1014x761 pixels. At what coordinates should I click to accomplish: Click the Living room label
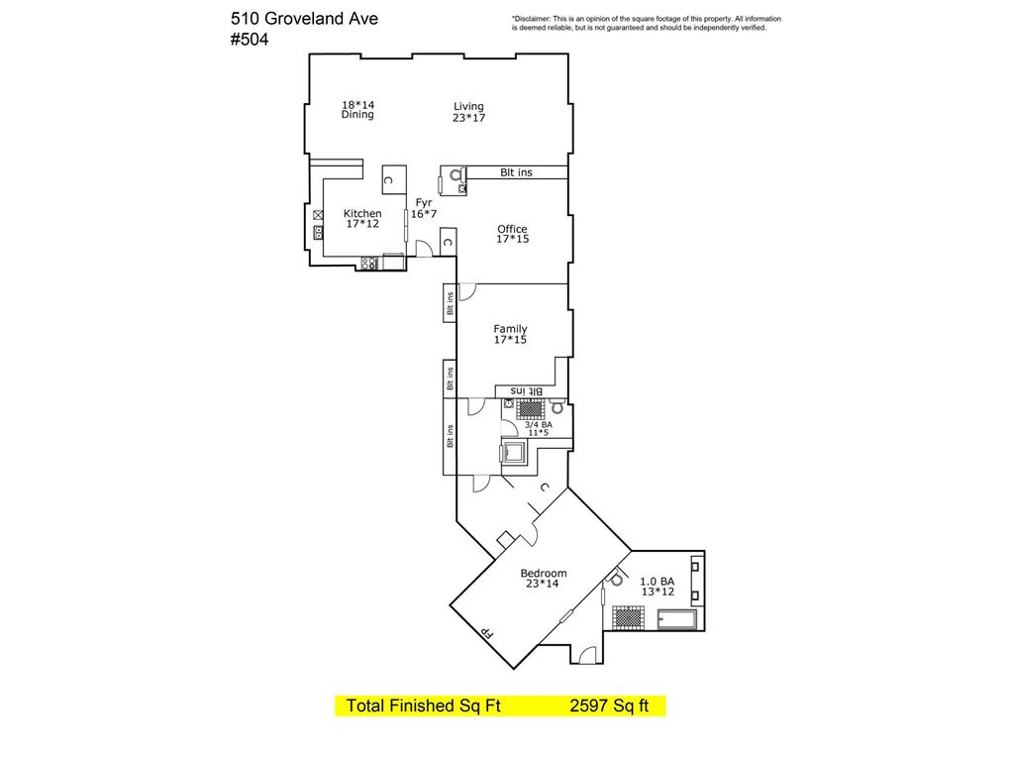pos(468,112)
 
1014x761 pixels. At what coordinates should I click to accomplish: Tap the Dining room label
pos(357,109)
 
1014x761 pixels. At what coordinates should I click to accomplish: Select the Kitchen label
pos(362,218)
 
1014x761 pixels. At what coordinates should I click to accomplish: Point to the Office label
pos(512,234)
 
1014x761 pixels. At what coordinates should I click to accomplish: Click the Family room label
pos(510,334)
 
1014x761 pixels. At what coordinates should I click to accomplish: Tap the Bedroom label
pos(544,578)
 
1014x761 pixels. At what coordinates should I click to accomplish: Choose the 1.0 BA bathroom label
pos(658,587)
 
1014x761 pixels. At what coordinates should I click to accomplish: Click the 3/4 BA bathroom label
pos(538,428)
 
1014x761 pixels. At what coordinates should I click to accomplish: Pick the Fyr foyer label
pos(424,208)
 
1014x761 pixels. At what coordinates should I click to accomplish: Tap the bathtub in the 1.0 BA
pos(677,619)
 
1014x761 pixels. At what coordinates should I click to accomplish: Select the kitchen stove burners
pos(369,263)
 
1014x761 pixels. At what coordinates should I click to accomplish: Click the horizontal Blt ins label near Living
pos(516,172)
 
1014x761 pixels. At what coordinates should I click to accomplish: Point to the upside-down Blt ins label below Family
pos(527,390)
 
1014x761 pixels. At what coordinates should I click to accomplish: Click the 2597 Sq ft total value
pos(609,706)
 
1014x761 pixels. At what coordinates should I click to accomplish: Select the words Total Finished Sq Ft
pos(423,706)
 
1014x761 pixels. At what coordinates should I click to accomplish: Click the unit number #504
pos(249,40)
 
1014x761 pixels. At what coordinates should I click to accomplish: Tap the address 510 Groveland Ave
pos(304,18)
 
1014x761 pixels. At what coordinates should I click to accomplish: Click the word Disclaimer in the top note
pos(531,19)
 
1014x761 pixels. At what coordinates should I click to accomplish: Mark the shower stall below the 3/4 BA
pos(515,453)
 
